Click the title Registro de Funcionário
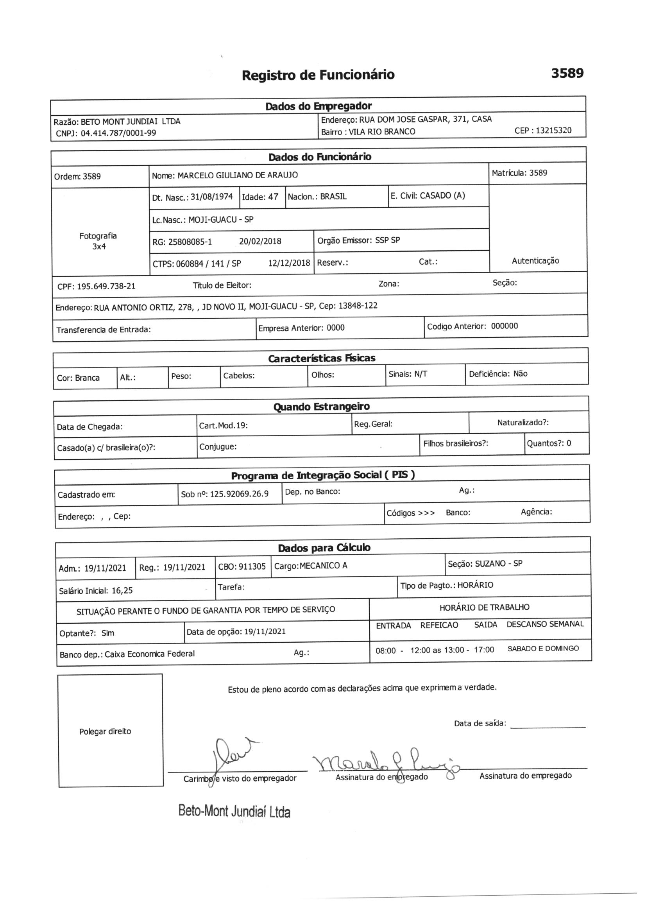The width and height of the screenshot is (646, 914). click(318, 75)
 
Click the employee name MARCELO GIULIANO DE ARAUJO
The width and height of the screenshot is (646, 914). click(237, 175)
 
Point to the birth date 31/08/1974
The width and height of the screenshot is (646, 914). click(211, 197)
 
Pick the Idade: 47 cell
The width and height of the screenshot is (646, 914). click(260, 197)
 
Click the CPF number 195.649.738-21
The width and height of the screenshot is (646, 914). click(106, 286)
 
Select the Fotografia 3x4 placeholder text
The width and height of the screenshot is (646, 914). click(98, 241)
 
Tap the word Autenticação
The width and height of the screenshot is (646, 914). click(535, 261)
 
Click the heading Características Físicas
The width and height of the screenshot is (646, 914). click(321, 358)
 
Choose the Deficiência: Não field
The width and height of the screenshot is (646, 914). click(498, 374)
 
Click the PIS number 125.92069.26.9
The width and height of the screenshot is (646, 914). click(239, 494)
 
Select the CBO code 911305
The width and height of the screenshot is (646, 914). click(252, 566)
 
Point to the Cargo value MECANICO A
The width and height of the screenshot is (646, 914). click(323, 566)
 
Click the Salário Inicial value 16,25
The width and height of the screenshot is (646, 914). click(122, 590)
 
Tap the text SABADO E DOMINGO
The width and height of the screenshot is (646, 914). click(543, 649)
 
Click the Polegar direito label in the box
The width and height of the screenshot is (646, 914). click(105, 731)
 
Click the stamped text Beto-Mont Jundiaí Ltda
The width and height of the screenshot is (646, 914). click(234, 811)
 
